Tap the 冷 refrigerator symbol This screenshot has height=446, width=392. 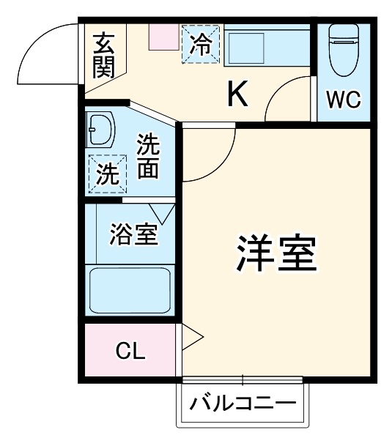[x=199, y=44]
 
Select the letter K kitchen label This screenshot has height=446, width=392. [x=237, y=92]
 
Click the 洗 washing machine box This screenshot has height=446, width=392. [x=106, y=174]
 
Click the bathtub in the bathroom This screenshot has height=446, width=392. [x=130, y=290]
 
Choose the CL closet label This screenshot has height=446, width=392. [x=130, y=351]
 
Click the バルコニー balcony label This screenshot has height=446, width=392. [x=243, y=404]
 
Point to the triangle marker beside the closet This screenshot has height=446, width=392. [x=191, y=337]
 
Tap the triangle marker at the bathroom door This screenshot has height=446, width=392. [x=162, y=212]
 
